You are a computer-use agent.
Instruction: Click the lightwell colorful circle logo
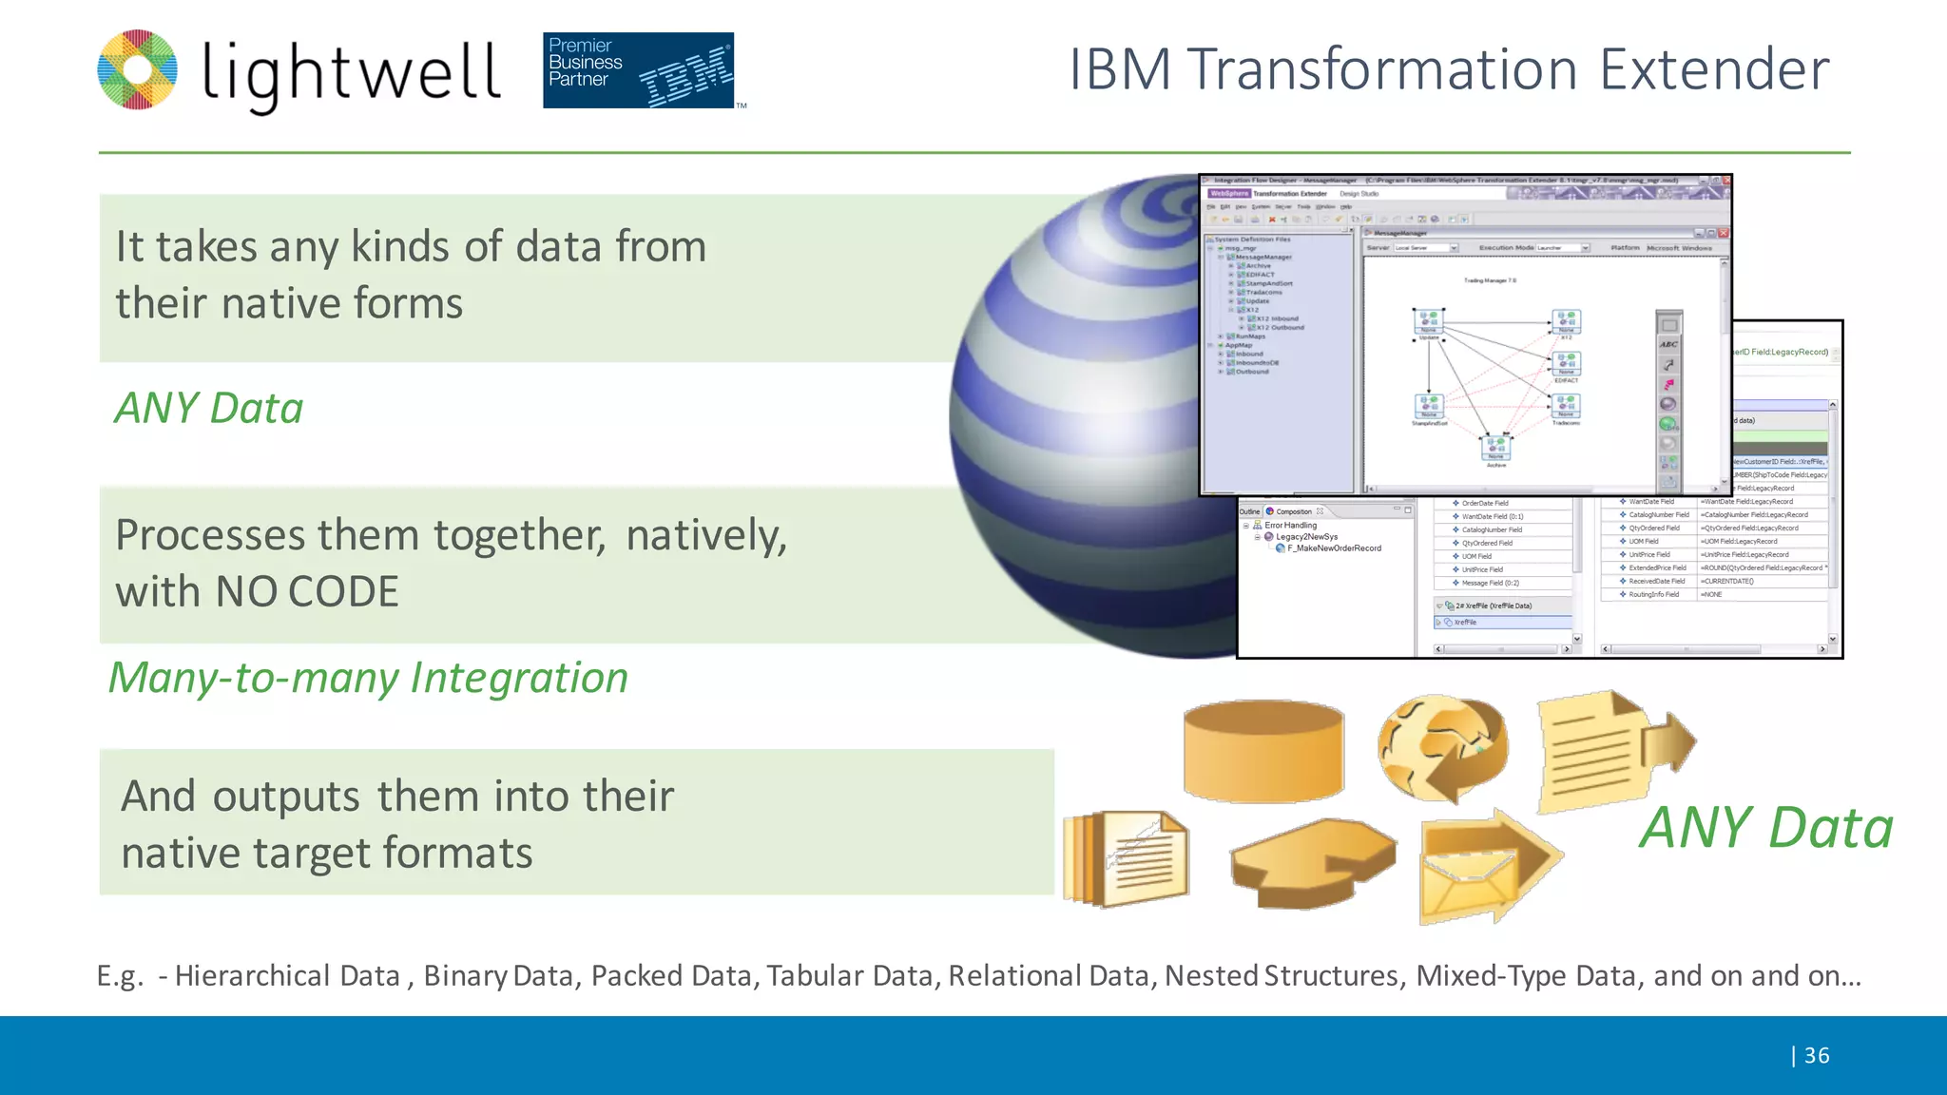[138, 69]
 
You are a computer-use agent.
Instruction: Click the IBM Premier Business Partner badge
[638, 70]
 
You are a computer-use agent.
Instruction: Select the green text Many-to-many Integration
[368, 678]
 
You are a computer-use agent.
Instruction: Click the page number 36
[1816, 1055]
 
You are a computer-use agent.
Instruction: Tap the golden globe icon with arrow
[1442, 748]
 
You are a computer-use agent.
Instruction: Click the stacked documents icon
[1127, 858]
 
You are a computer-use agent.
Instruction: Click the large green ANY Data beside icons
[1766, 827]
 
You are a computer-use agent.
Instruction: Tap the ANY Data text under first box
[209, 408]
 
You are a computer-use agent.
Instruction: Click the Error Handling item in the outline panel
[1290, 525]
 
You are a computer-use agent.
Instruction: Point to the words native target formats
[326, 853]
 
